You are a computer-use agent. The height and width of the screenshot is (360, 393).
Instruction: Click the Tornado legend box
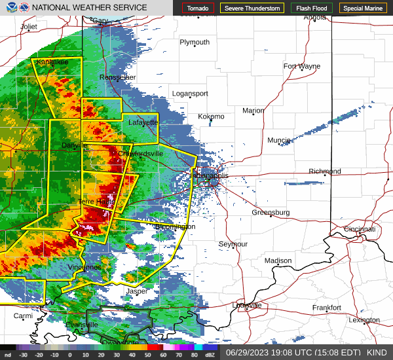click(198, 9)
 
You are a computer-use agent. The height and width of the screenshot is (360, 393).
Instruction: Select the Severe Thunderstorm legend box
click(252, 9)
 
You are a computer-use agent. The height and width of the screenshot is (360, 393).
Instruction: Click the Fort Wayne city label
click(301, 66)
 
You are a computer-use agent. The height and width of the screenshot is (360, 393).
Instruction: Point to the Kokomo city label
click(211, 117)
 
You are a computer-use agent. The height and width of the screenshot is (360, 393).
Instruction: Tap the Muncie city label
click(279, 140)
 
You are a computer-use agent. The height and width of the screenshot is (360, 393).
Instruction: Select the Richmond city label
click(325, 171)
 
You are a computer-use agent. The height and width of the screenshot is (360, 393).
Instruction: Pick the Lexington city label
click(364, 320)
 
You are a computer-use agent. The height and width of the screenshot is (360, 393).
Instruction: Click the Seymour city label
click(233, 244)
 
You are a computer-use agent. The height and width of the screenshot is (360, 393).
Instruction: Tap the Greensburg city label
click(271, 213)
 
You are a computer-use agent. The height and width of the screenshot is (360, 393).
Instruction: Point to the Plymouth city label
click(195, 42)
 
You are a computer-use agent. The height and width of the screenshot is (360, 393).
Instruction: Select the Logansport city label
click(190, 94)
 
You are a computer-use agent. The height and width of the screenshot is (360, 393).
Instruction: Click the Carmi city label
click(23, 315)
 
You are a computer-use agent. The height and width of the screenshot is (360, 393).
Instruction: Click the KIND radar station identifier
click(376, 352)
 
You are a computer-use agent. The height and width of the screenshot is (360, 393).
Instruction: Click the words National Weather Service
click(88, 8)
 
